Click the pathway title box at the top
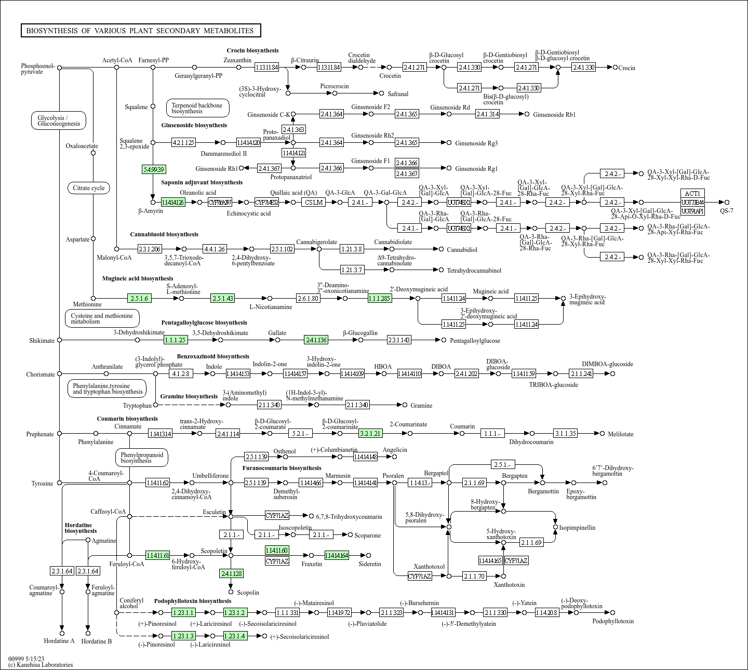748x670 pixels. point(140,31)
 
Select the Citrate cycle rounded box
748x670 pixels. point(89,188)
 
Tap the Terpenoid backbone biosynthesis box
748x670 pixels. point(197,108)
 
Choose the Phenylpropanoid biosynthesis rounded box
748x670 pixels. point(141,458)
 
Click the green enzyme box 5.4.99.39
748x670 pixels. point(154,169)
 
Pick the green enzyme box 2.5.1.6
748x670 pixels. point(139,298)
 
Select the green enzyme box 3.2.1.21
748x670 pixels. point(370,433)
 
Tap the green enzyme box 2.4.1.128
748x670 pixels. point(231,573)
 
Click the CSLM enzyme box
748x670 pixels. point(314,202)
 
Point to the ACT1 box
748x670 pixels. point(692,194)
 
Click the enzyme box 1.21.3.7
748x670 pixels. point(352,270)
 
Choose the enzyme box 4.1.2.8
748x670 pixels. point(181,373)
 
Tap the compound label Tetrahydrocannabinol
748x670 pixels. point(474,271)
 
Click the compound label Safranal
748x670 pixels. point(398,94)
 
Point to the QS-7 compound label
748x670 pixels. point(726,211)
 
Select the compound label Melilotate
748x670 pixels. point(621,434)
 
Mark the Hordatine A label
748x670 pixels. point(59,641)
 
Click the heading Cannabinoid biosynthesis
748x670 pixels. point(164,234)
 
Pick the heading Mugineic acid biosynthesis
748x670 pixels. point(138,278)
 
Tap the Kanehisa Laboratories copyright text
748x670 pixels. point(41,665)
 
